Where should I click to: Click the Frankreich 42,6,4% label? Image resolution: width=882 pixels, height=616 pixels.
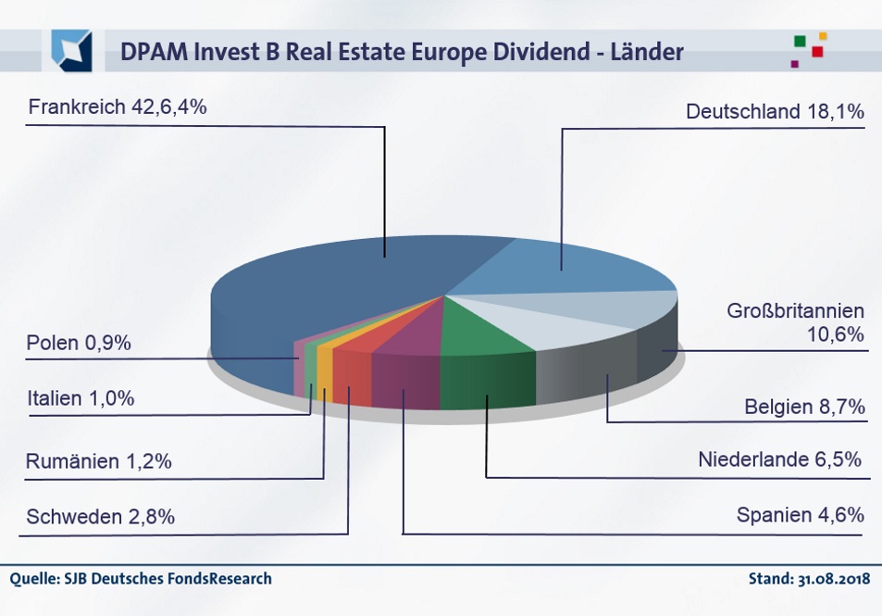point(117,107)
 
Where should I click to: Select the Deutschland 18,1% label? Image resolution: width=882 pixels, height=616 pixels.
point(775,112)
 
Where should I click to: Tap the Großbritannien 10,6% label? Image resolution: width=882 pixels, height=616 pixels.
point(795,322)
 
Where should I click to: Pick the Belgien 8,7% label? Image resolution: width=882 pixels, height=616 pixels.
point(804,406)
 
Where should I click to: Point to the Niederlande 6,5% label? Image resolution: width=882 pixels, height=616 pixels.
point(780,459)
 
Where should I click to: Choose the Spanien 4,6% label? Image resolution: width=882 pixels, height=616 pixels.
point(800,514)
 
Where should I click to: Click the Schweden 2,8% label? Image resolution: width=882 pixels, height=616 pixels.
point(101,517)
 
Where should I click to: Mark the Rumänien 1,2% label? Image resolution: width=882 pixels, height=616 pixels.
point(99,461)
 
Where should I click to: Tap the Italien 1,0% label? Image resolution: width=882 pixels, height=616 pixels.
point(81,398)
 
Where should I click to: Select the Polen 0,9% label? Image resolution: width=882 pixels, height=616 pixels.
point(80,343)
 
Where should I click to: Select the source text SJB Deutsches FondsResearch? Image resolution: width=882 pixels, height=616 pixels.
point(168,579)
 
